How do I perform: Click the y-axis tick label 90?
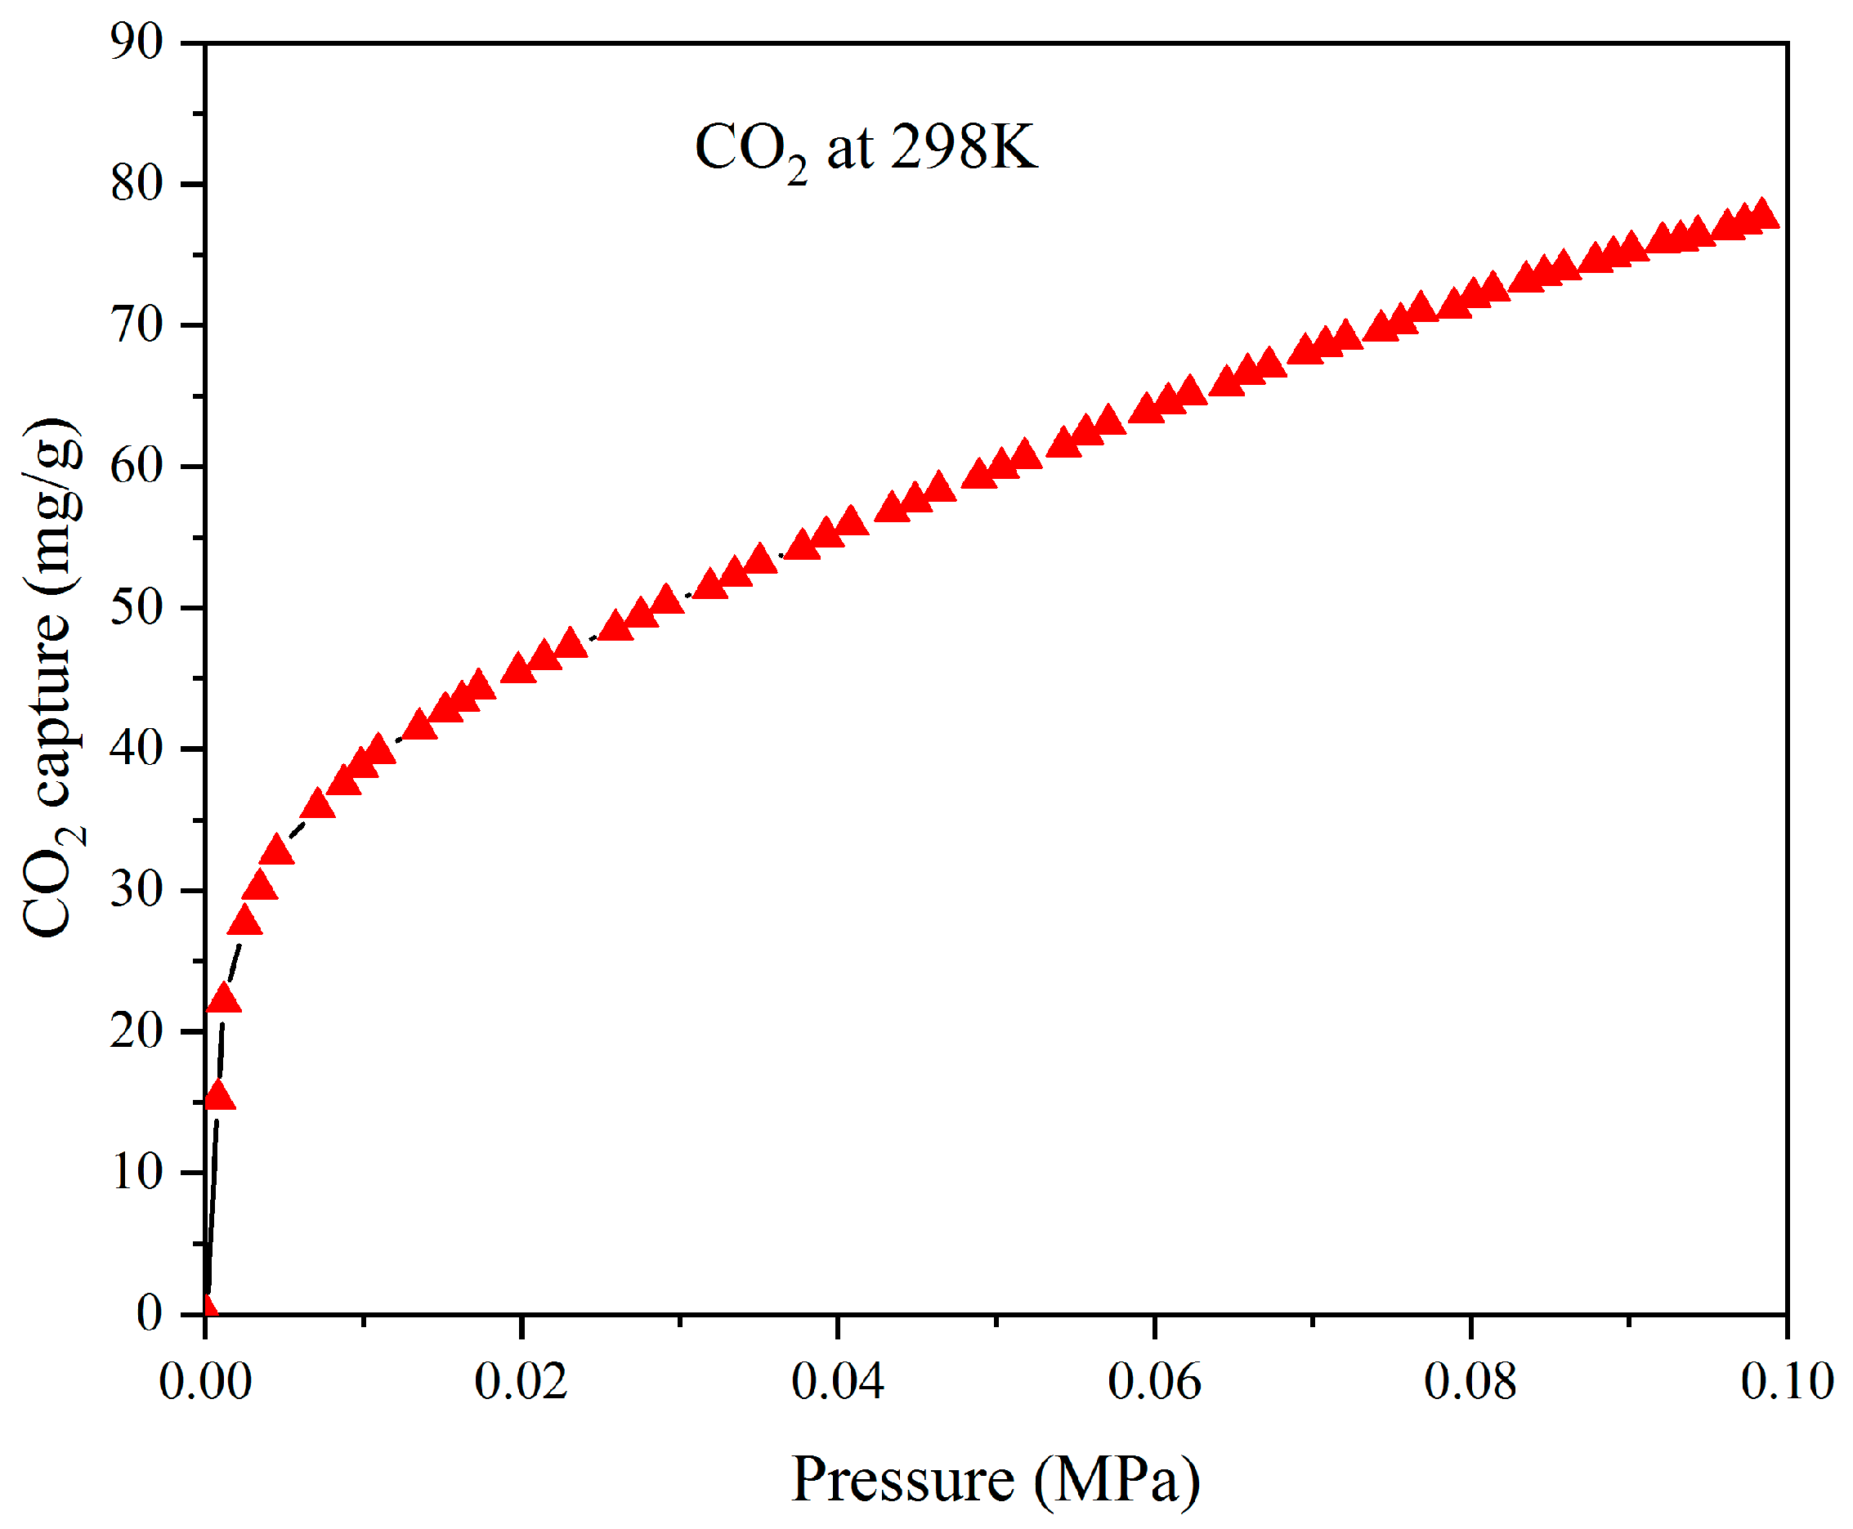(x=137, y=42)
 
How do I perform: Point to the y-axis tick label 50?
(x=137, y=609)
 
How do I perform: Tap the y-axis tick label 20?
(x=137, y=1032)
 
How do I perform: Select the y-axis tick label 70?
(x=137, y=326)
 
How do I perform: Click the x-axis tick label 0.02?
(x=521, y=1381)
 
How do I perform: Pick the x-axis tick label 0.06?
(x=1153, y=1381)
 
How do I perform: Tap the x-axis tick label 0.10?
(x=1787, y=1381)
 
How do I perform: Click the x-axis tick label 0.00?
(x=205, y=1381)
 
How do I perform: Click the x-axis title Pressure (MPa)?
(x=996, y=1480)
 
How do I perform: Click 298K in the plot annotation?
(x=965, y=147)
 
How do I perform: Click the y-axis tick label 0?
(x=150, y=1314)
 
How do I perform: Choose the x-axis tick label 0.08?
(x=1470, y=1381)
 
